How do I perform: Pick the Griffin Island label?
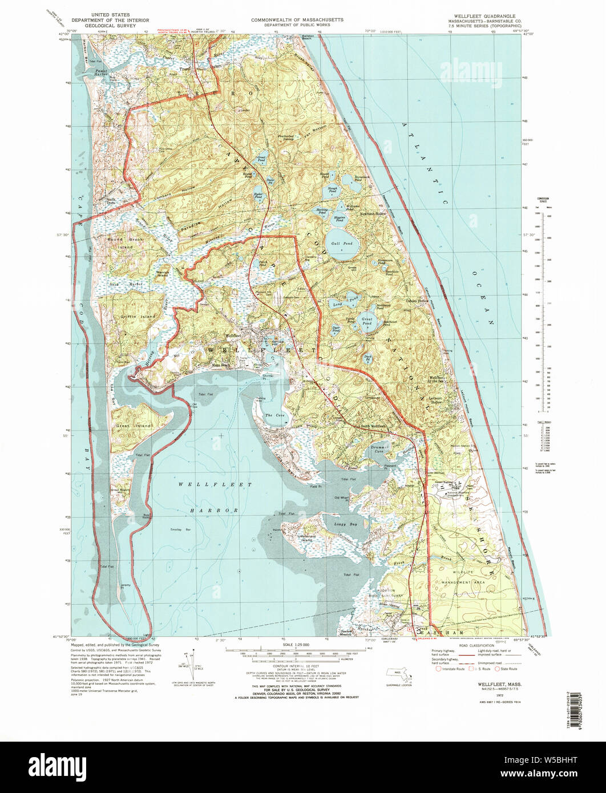(x=138, y=316)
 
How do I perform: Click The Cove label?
(x=270, y=415)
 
